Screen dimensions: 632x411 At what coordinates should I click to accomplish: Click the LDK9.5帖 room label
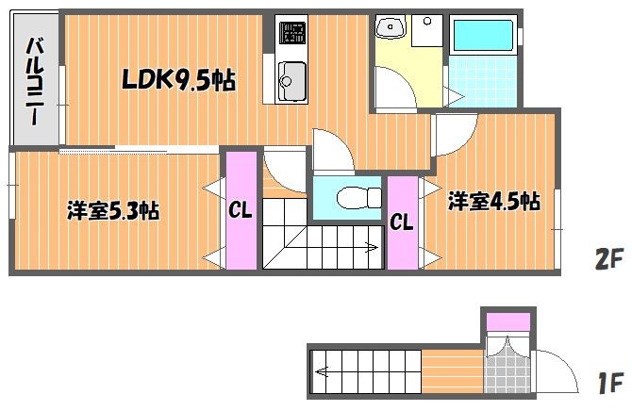(x=178, y=80)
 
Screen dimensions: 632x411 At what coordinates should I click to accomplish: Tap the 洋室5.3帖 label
(x=113, y=210)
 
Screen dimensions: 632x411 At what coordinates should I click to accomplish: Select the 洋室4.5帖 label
(x=494, y=201)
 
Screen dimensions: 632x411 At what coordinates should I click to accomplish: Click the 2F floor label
(x=608, y=258)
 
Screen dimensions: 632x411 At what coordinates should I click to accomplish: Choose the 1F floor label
(x=611, y=384)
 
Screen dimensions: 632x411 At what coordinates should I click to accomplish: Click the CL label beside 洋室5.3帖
(x=241, y=210)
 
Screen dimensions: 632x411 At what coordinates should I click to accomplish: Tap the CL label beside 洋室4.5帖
(x=402, y=222)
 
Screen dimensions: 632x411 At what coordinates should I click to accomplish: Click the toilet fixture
(x=358, y=197)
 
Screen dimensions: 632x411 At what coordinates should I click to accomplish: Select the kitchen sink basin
(x=291, y=80)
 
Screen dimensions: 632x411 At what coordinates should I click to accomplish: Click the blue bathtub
(x=482, y=35)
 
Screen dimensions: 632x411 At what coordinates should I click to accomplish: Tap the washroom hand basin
(x=391, y=26)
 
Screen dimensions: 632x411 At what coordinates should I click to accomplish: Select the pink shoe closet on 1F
(x=507, y=321)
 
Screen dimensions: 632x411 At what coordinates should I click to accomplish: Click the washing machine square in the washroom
(x=427, y=31)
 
